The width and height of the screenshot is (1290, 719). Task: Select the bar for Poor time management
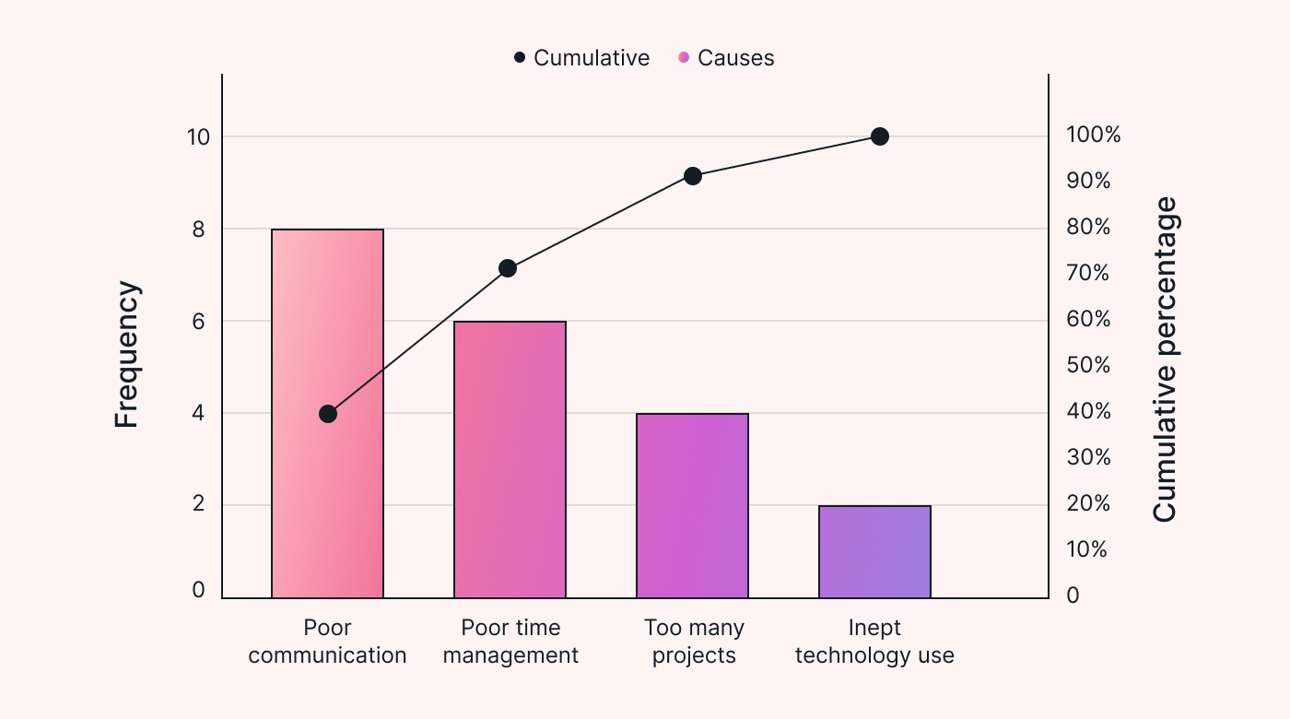(x=510, y=461)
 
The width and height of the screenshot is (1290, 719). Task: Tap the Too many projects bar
(x=692, y=506)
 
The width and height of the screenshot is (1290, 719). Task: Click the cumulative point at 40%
(x=328, y=414)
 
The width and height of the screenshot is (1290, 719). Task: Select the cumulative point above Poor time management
(x=508, y=268)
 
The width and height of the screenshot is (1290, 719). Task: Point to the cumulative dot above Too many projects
(x=693, y=176)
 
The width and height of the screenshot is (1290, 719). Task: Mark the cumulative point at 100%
(x=880, y=136)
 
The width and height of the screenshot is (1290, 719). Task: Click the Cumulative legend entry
(x=581, y=58)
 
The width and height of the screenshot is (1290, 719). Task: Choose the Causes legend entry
(x=726, y=58)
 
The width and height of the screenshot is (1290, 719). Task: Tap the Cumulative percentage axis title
(x=1166, y=359)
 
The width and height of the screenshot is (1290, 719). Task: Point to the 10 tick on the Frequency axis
(x=198, y=136)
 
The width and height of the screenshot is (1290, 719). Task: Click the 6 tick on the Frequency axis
(x=198, y=321)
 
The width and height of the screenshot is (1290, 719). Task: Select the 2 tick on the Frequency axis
(x=198, y=505)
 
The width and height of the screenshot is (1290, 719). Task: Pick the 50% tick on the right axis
(x=1088, y=365)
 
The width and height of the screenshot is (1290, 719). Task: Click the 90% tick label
(x=1088, y=181)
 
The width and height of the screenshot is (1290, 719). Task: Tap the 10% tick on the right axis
(x=1087, y=549)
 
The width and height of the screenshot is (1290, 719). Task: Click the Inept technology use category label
(x=874, y=642)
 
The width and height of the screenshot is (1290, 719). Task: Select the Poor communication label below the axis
(x=327, y=642)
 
